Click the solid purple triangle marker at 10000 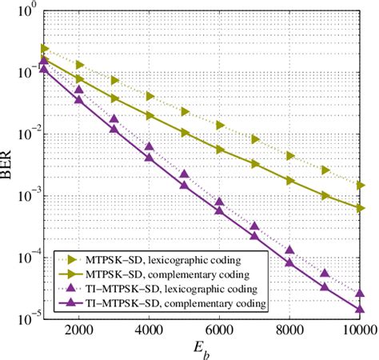(x=360, y=308)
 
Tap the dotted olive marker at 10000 (x=360, y=185)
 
